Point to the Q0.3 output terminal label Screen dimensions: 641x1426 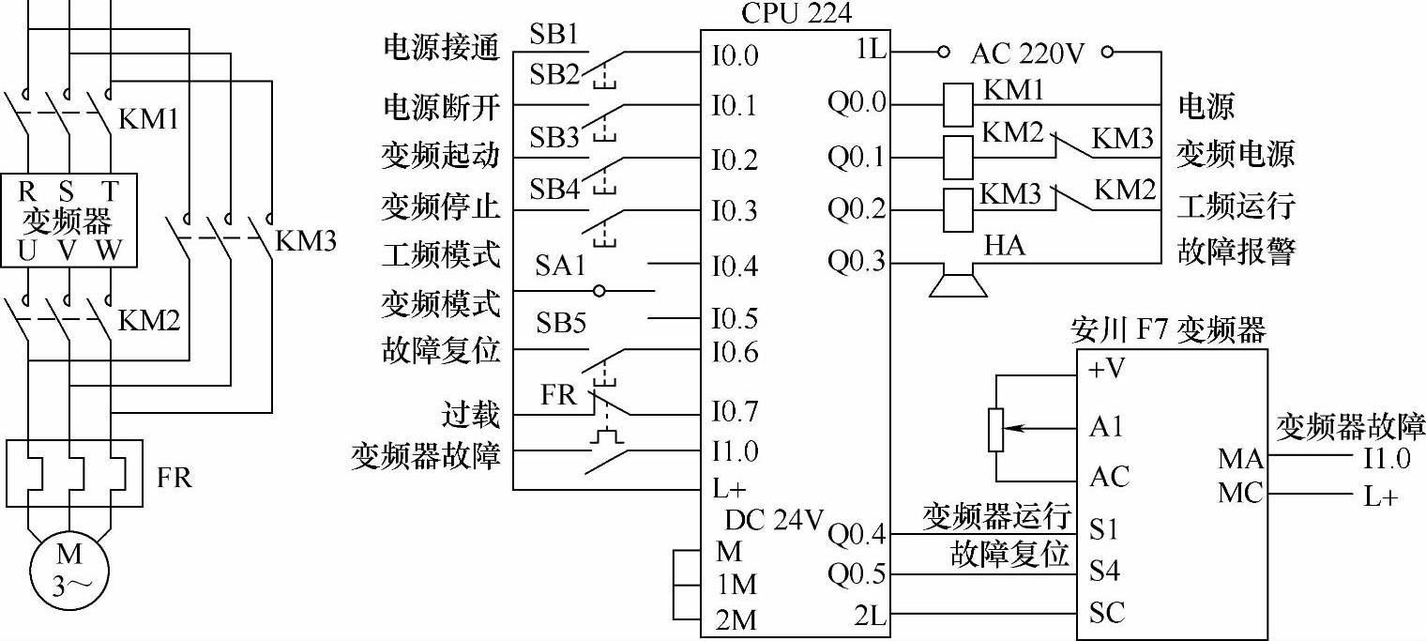pos(856,261)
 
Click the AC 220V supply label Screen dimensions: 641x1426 pos(1027,53)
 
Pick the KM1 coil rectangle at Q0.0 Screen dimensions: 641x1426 pos(957,102)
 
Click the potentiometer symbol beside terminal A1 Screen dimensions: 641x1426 pos(996,427)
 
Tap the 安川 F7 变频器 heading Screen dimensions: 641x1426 pos(1168,330)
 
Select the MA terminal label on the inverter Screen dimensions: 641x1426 pos(1240,460)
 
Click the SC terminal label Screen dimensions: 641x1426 pos(1107,613)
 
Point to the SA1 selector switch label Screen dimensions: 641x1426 pos(560,266)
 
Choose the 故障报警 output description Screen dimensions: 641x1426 pos(1236,252)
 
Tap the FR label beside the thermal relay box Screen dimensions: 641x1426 pos(174,478)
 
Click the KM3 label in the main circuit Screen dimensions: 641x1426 pos(306,241)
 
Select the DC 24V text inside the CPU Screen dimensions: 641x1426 pos(775,519)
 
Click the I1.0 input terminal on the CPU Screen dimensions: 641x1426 pos(734,451)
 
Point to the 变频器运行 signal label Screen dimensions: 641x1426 pos(996,515)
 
